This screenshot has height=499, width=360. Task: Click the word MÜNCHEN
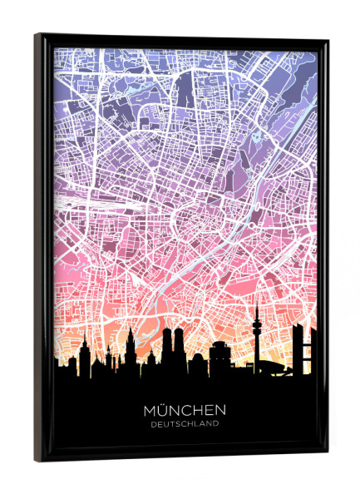click(185, 411)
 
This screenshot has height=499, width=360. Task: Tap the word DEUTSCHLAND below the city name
click(185, 424)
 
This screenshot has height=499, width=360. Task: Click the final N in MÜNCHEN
click(220, 411)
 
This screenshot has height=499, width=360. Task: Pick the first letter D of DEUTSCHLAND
click(154, 424)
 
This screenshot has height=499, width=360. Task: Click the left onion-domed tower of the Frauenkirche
click(167, 341)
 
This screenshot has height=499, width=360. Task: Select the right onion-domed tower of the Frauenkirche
click(179, 341)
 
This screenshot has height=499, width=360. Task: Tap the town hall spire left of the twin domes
click(131, 341)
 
